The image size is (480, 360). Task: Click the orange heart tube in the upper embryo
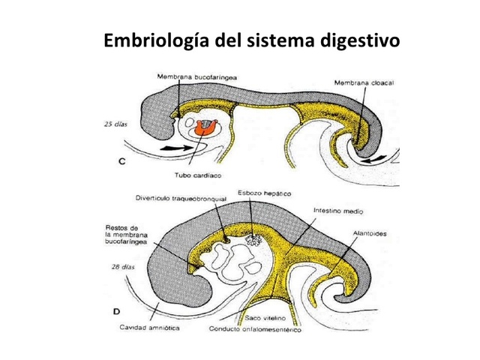pyautogui.click(x=202, y=130)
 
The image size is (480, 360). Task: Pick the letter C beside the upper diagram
pyautogui.click(x=121, y=162)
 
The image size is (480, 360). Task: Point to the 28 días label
pyautogui.click(x=114, y=266)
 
